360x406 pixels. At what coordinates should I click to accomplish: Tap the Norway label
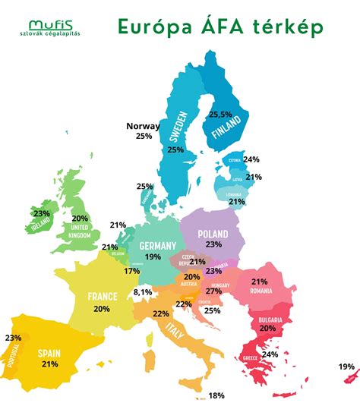(x=143, y=126)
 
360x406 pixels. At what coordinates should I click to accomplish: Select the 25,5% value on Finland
(x=221, y=114)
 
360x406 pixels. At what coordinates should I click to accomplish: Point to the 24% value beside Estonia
(x=251, y=159)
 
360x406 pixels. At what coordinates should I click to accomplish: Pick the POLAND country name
(x=213, y=234)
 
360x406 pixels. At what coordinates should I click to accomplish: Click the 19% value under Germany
(x=153, y=257)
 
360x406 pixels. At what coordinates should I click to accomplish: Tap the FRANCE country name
(x=102, y=297)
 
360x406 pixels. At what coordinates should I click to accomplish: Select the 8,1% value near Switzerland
(x=143, y=291)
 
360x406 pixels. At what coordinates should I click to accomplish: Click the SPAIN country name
(x=50, y=353)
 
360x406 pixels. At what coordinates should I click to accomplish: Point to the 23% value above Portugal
(x=13, y=338)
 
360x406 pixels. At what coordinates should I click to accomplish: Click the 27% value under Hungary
(x=213, y=291)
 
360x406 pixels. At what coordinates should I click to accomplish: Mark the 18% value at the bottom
(x=216, y=395)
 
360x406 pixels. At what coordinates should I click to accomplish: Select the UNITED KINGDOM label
(x=80, y=231)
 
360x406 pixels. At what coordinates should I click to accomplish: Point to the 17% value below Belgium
(x=132, y=271)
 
